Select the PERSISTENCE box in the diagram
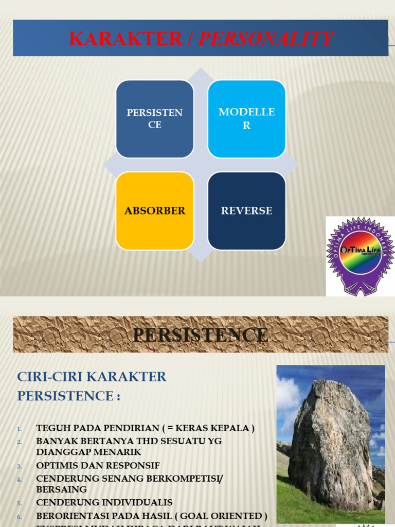[155, 119]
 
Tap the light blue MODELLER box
[246, 119]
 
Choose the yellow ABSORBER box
[155, 210]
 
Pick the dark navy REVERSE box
[246, 210]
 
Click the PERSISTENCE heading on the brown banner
[201, 335]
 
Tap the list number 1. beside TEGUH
[20, 429]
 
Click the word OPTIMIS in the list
[59, 466]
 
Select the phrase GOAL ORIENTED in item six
[228, 516]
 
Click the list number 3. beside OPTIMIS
[20, 466]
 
